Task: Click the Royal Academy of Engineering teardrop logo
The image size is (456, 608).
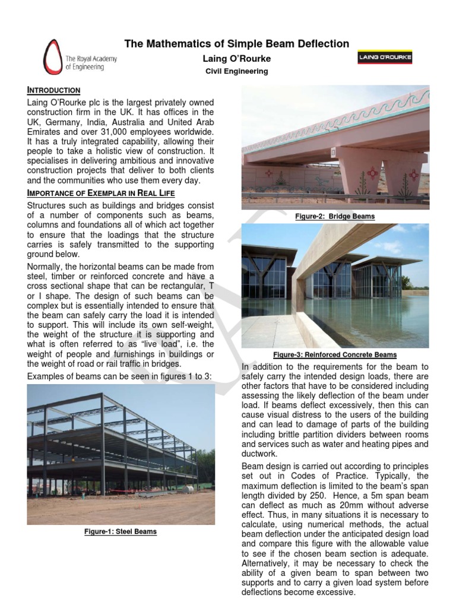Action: (x=52, y=57)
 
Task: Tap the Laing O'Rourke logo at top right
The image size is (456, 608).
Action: (x=385, y=58)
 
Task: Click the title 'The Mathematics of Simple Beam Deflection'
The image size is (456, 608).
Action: (x=236, y=44)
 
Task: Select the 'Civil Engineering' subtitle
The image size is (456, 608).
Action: (x=236, y=71)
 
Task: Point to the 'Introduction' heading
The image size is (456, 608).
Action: (x=53, y=90)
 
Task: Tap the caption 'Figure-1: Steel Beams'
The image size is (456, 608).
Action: (x=121, y=531)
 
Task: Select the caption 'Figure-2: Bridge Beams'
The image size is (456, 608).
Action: (x=335, y=217)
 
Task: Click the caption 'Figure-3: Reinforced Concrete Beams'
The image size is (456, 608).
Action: (x=335, y=355)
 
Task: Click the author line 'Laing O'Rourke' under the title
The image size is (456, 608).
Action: (x=236, y=59)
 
